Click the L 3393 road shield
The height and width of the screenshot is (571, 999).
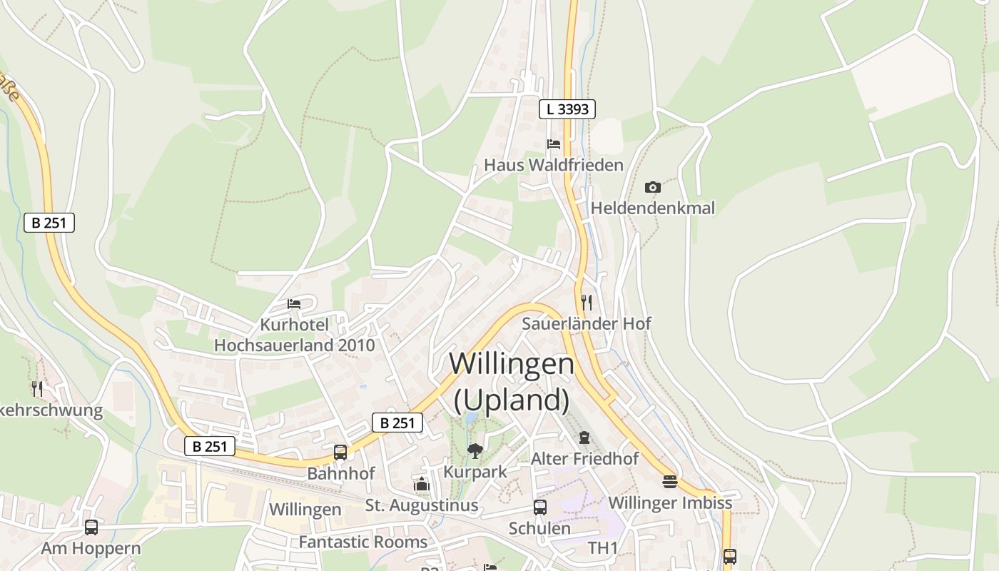point(567,109)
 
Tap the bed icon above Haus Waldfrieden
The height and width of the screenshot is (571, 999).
point(554,143)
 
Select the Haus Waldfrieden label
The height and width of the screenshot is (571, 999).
point(554,165)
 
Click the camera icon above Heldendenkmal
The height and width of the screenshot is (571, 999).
point(652,187)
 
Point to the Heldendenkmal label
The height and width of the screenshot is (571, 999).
point(652,208)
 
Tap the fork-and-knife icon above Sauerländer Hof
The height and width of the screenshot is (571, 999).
point(586,302)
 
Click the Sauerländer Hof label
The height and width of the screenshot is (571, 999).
point(586,323)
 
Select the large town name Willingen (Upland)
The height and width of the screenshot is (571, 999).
point(512,382)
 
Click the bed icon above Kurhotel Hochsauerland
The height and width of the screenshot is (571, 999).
point(294,304)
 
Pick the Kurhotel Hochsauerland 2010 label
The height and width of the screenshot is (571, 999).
point(295,335)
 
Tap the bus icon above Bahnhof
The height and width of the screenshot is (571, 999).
point(340,452)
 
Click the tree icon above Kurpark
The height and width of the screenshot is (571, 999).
point(475,450)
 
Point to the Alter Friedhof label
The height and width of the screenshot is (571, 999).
point(584,458)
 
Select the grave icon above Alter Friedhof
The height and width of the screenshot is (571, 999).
point(584,437)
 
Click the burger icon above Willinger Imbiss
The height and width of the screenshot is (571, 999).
point(669,482)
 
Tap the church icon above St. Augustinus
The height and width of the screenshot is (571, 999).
point(422,485)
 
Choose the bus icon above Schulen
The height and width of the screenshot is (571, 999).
point(540,507)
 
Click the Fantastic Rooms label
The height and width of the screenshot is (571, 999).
point(362,542)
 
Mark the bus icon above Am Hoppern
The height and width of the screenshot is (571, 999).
point(91,527)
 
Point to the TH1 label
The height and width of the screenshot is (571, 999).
point(602,548)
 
